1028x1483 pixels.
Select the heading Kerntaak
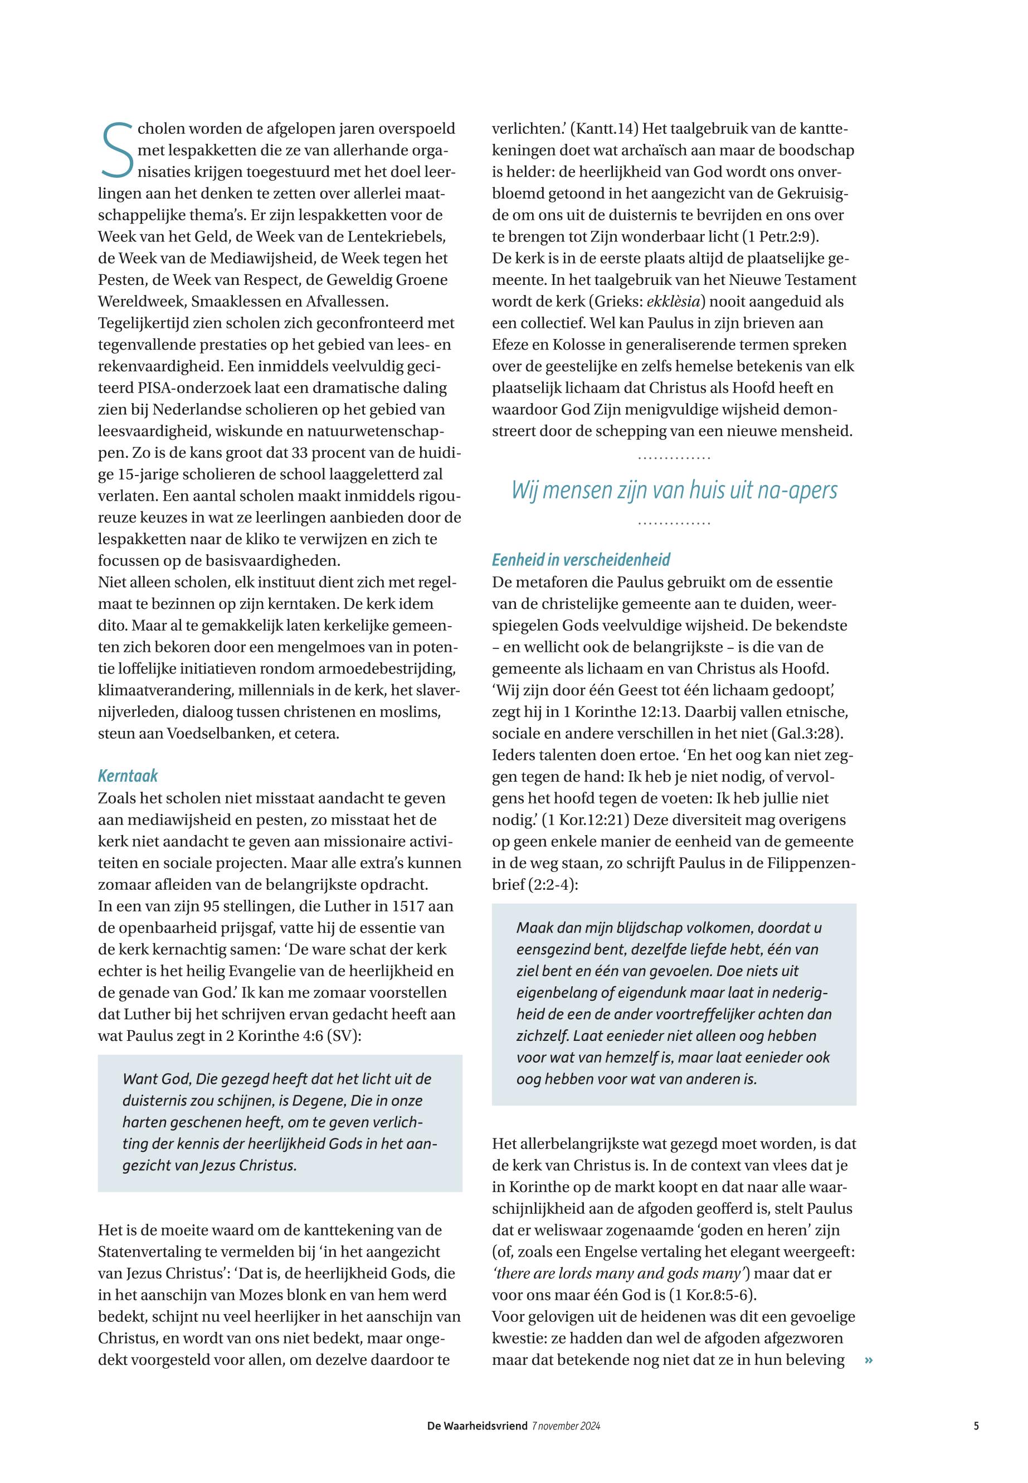point(128,776)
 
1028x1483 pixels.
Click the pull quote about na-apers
point(674,491)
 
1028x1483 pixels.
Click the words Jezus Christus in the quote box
point(249,1165)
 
